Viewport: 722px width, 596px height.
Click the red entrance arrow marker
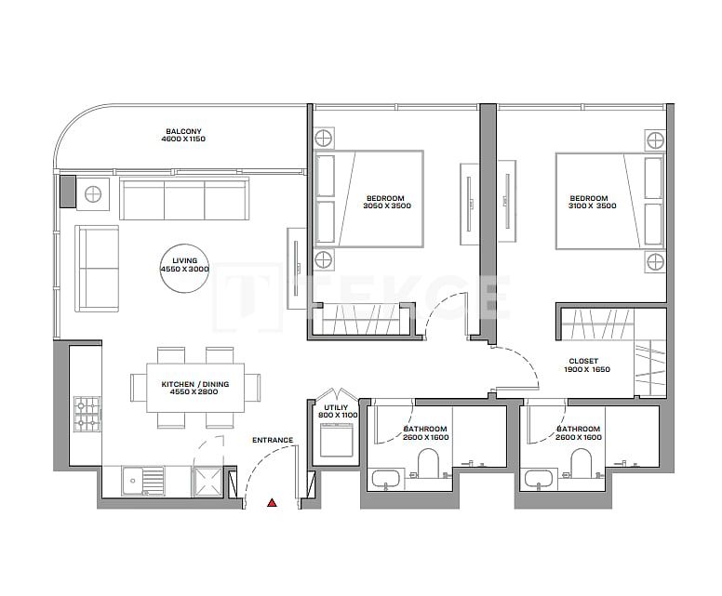(272, 503)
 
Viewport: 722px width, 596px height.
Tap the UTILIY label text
(336, 408)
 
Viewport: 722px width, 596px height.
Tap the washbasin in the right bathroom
(537, 480)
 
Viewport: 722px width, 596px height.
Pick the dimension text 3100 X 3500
(593, 206)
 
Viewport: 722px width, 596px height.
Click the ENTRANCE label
(273, 441)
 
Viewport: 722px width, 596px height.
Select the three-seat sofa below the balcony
(184, 199)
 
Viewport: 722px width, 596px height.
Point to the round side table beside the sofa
(94, 194)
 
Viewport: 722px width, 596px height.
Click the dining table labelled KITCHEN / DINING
(195, 388)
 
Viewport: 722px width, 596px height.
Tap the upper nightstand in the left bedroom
(323, 139)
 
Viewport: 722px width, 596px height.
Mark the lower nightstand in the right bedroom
(655, 260)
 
